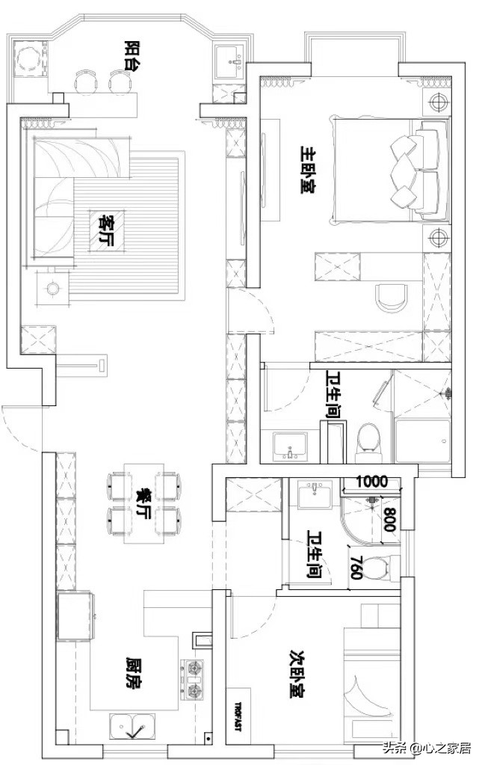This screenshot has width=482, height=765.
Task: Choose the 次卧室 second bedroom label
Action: pyautogui.click(x=297, y=674)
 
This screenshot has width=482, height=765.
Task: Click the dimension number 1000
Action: pyautogui.click(x=372, y=482)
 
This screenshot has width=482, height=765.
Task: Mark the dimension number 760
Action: pyautogui.click(x=357, y=568)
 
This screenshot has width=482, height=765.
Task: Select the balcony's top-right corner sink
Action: pyautogui.click(x=229, y=62)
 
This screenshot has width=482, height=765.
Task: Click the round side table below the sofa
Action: pyautogui.click(x=52, y=289)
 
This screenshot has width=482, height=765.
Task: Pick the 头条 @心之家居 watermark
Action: pyautogui.click(x=427, y=748)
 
